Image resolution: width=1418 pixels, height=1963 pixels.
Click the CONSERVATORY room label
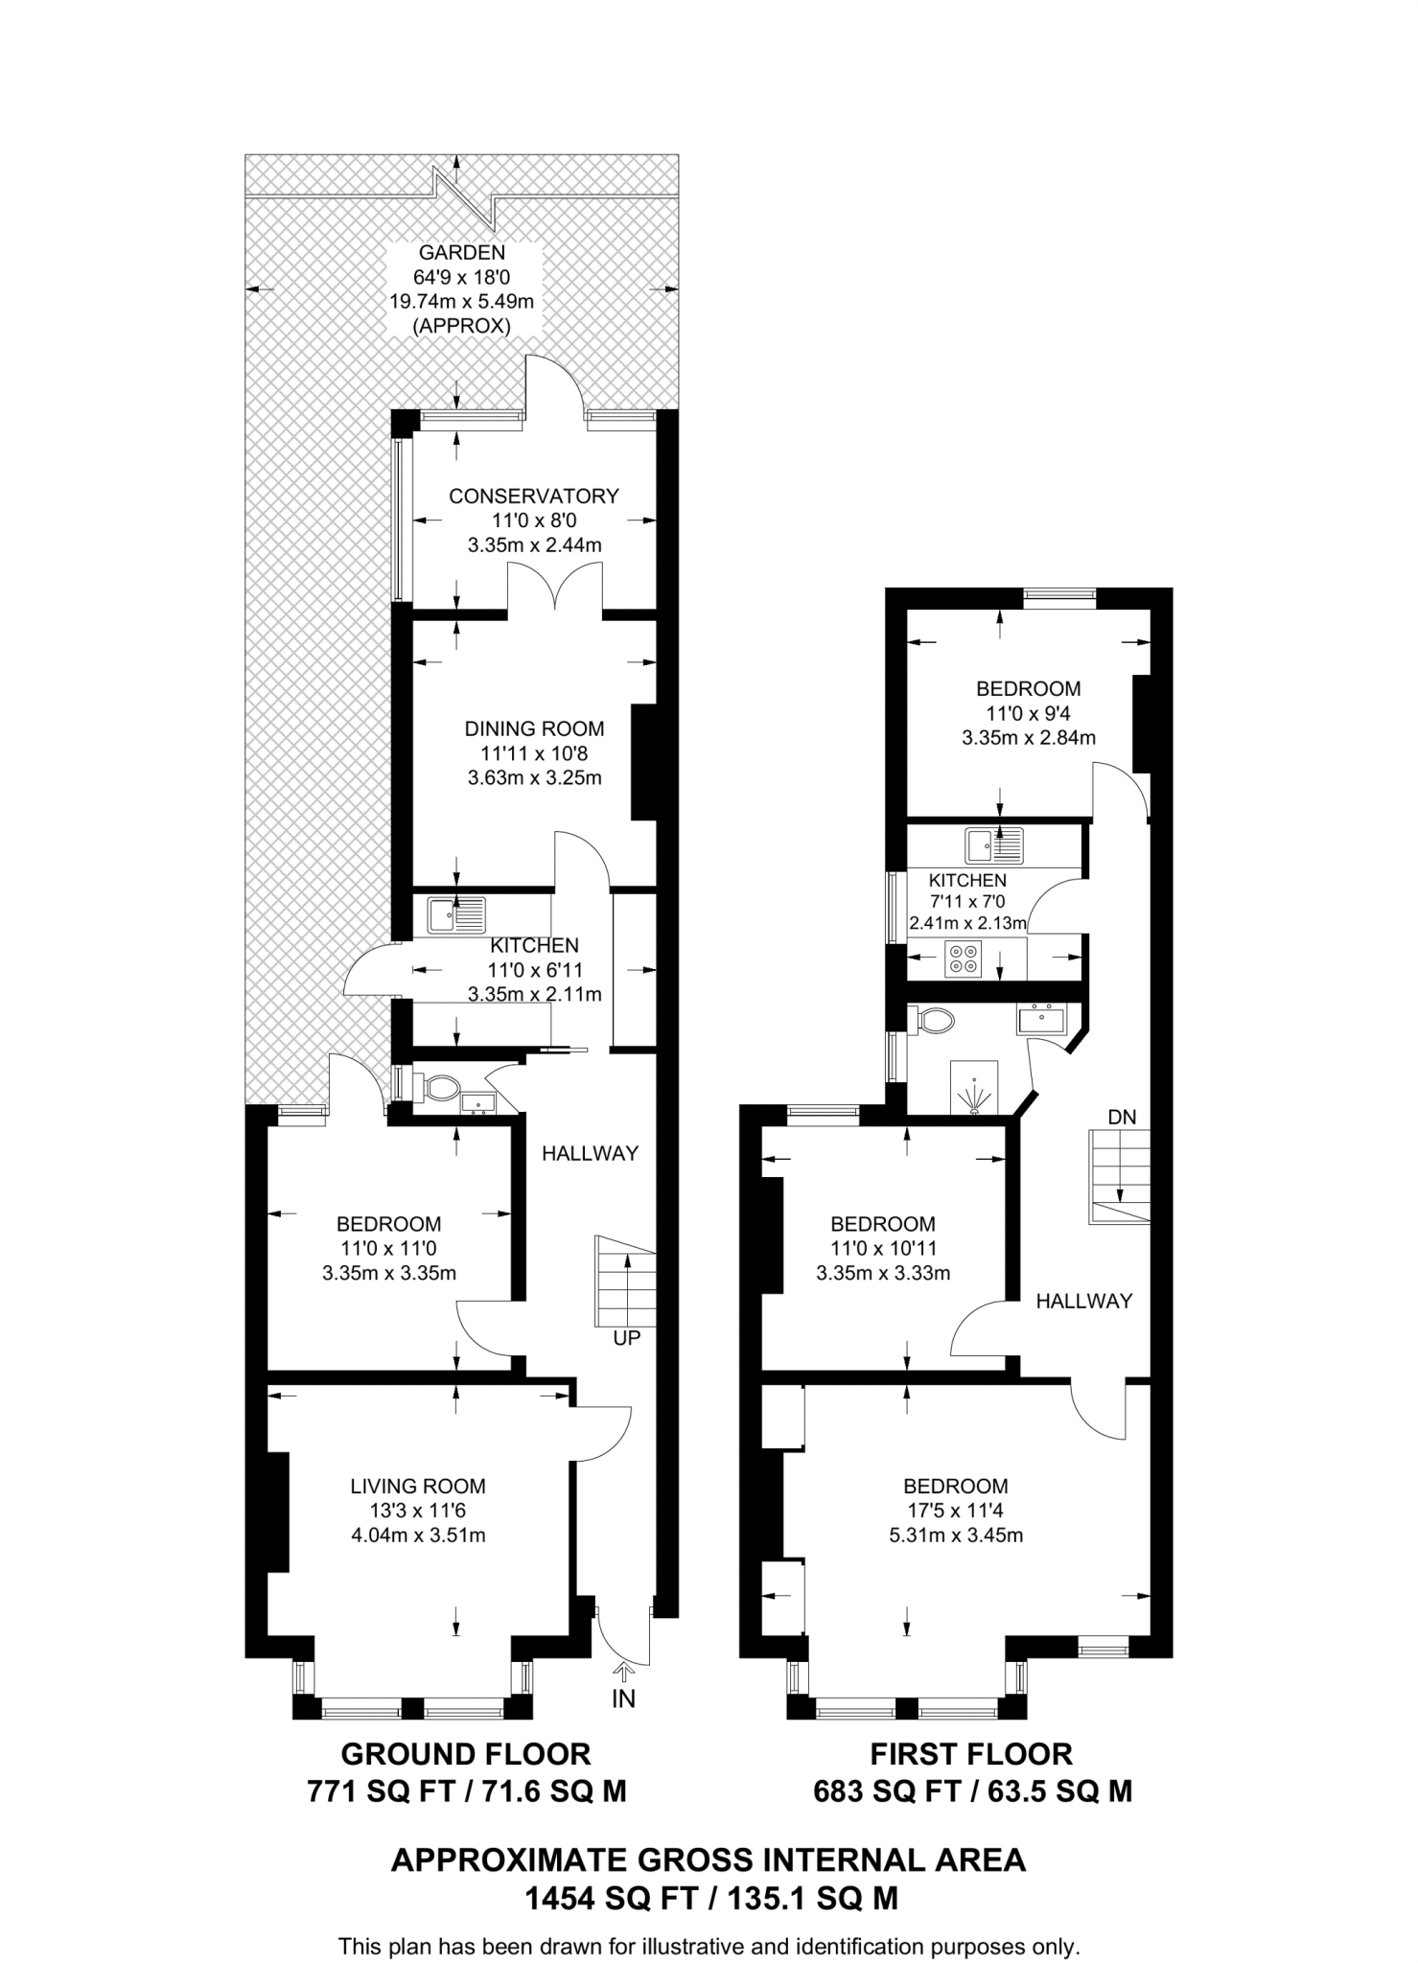tap(534, 496)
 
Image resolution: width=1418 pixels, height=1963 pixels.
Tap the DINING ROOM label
tap(534, 728)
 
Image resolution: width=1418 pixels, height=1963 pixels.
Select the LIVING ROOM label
tap(418, 1487)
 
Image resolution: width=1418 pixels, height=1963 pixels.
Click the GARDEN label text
tap(462, 253)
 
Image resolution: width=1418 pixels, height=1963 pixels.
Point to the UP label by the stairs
tap(627, 1337)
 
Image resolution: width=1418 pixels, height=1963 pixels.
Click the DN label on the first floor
tap(1122, 1117)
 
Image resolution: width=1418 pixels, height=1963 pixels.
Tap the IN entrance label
tap(624, 1699)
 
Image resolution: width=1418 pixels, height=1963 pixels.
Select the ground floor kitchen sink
tap(457, 915)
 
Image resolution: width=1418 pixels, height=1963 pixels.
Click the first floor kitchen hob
tap(963, 958)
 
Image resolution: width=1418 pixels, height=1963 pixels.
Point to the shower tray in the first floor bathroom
tap(975, 1087)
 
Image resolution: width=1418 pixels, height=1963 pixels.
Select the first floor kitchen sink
tap(994, 845)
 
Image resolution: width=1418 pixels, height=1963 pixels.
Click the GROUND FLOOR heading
tap(466, 1754)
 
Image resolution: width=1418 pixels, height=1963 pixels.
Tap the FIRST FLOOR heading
tap(971, 1754)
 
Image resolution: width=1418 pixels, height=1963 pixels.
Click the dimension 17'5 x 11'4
tap(956, 1512)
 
